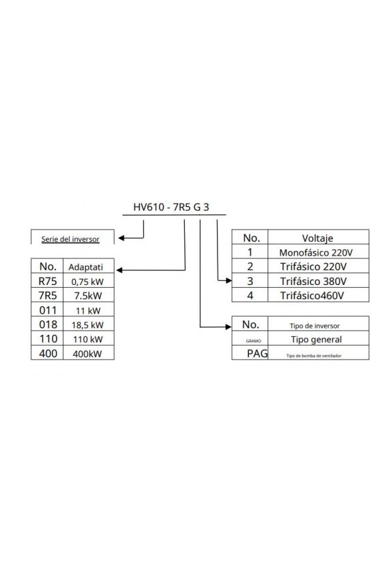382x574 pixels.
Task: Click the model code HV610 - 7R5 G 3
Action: point(171,207)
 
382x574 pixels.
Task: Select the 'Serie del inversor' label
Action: point(70,239)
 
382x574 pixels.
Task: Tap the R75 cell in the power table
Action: point(48,281)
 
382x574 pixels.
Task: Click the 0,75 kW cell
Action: point(87,282)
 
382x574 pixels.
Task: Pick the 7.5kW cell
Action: point(88,296)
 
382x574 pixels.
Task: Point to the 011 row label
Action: point(48,310)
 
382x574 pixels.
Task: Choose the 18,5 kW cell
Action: point(87,325)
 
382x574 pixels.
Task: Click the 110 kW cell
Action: point(88,339)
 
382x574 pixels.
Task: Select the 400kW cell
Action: point(87,354)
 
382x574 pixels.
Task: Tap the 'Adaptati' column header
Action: point(85,267)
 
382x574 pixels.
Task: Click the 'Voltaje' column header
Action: point(317,238)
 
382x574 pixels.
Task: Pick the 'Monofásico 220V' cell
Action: point(316,252)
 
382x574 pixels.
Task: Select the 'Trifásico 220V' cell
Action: point(313,266)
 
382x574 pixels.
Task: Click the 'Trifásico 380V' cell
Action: point(313,281)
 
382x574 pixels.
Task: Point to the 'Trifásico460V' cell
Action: point(312,295)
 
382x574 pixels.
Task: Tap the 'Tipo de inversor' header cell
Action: point(314,326)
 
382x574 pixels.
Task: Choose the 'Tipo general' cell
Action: point(317,340)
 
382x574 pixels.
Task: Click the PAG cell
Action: point(257,353)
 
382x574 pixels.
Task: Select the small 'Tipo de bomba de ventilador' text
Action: point(314,355)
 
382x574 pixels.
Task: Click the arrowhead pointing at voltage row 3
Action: point(229,281)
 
